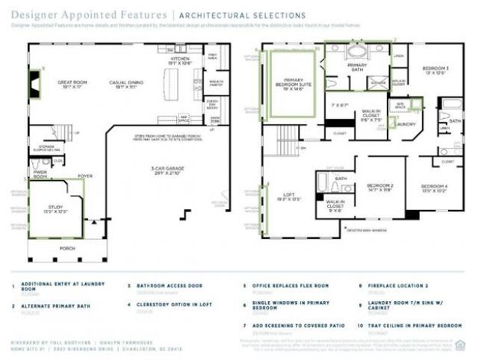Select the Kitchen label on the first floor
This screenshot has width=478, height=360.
coord(180,60)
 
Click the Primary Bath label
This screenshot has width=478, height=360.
coord(357,66)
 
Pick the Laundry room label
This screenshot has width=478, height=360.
coord(405,124)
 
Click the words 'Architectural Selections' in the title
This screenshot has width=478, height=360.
coord(241,15)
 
